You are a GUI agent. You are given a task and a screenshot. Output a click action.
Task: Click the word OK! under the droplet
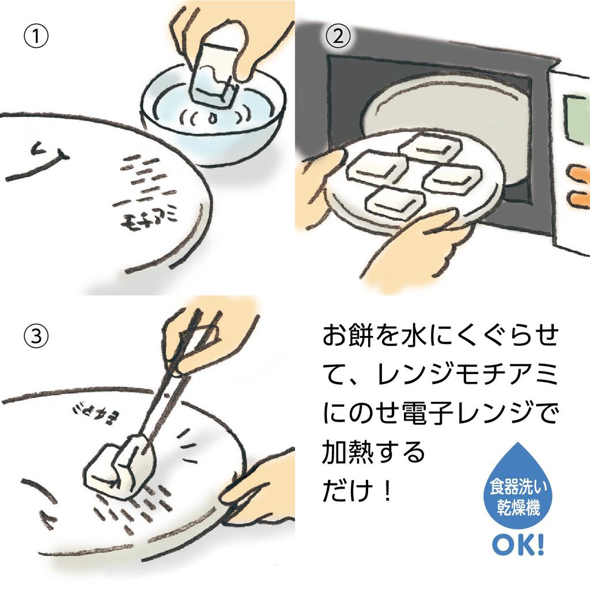(517, 543)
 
